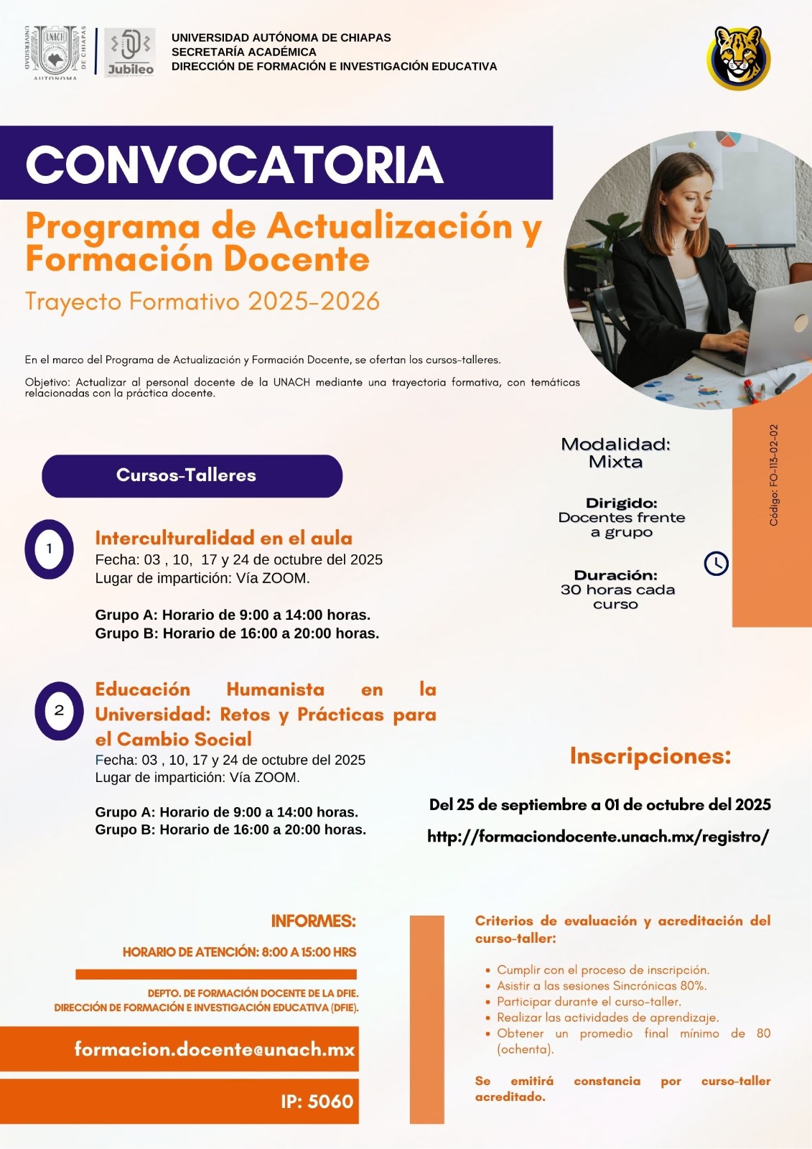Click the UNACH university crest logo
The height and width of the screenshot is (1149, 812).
click(x=55, y=51)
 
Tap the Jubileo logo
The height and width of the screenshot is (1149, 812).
click(x=130, y=52)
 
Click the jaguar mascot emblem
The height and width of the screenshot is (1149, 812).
click(x=739, y=57)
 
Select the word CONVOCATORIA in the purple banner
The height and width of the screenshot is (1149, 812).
click(x=234, y=164)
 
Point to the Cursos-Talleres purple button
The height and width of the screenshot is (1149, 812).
click(x=192, y=475)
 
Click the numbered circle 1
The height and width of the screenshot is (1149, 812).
click(x=49, y=549)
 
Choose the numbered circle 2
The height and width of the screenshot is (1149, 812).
click(x=59, y=710)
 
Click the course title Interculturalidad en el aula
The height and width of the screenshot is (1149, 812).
click(x=223, y=538)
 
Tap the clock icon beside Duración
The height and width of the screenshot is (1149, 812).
click(x=716, y=563)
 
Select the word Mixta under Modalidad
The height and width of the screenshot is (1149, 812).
click(x=615, y=462)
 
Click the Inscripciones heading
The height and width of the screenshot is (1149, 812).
click(x=650, y=755)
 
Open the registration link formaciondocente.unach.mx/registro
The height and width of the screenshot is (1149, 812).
click(x=598, y=836)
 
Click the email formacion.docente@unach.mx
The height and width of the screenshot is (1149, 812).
click(x=215, y=1049)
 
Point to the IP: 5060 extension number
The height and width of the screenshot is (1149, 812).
click(x=317, y=1101)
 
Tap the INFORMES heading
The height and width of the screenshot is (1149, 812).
click(x=313, y=921)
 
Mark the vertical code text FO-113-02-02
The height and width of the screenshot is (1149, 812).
click(x=773, y=475)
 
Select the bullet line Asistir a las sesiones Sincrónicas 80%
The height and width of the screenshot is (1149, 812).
click(x=602, y=985)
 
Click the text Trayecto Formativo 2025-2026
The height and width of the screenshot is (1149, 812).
click(x=202, y=301)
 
